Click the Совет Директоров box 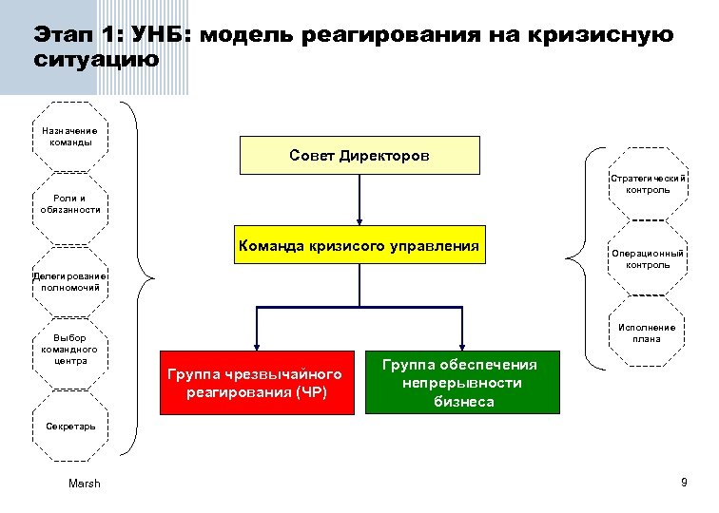(x=359, y=156)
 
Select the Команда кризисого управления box (x=359, y=245)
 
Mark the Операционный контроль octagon (x=647, y=258)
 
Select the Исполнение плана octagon (x=647, y=332)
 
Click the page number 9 (x=683, y=484)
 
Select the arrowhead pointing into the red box (x=255, y=347)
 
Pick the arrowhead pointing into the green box (x=462, y=347)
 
